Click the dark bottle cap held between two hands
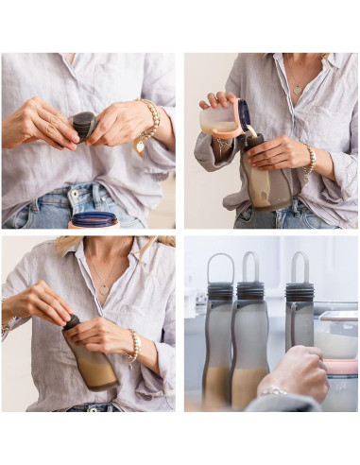coord(84,124)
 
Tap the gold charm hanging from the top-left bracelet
coord(140,145)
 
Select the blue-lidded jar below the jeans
coord(94,220)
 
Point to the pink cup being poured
coord(220,119)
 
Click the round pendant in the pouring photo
coord(298,89)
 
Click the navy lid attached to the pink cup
coord(244,115)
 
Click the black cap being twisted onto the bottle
coord(72,322)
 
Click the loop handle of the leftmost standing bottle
coord(220,267)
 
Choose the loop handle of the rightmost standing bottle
coord(300,267)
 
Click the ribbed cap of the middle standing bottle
coord(250,290)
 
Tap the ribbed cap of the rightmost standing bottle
coord(300,291)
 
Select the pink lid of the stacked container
coord(340,366)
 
